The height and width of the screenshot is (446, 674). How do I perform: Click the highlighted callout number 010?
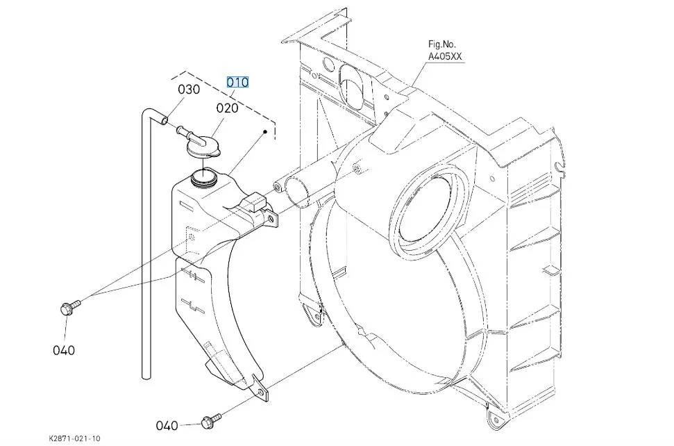[x=237, y=82]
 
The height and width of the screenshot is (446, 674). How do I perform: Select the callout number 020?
[x=227, y=108]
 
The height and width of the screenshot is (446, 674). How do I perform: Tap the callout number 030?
[x=189, y=90]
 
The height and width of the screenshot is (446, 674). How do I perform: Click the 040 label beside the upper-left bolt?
[x=64, y=351]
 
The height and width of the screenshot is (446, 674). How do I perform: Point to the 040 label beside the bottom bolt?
[x=167, y=426]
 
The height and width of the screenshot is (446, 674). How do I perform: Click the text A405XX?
[x=445, y=56]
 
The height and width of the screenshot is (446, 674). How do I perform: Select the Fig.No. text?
[x=442, y=44]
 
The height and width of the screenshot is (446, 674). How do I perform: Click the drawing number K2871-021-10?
[x=74, y=438]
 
